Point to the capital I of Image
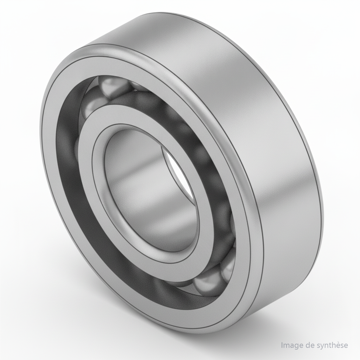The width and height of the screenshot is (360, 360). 282,345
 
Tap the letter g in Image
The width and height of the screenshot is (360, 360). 294,346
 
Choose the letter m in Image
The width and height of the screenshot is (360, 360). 287,346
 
